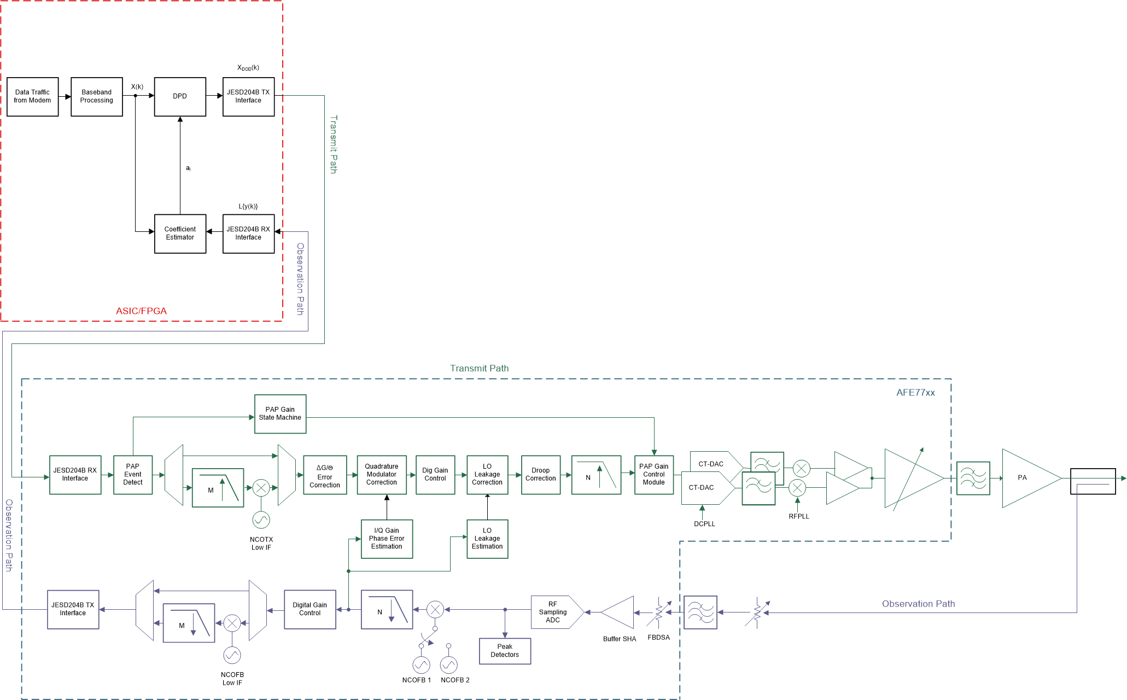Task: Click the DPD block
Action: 180,97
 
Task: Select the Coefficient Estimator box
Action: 180,234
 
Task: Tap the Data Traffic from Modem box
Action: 32,97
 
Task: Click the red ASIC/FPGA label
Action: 141,311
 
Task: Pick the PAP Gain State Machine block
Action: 280,414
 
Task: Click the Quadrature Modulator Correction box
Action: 382,475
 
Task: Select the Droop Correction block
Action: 540,475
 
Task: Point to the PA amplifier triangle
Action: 1025,478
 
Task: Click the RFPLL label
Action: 798,516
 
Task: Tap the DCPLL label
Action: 704,524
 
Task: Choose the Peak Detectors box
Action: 505,651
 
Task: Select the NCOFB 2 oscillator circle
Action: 448,665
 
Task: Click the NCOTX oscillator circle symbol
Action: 261,520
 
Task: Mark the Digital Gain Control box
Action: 310,609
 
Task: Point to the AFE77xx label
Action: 915,393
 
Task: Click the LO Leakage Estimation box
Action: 487,539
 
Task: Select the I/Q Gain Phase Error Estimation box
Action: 387,539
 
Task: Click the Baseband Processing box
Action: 96,97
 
